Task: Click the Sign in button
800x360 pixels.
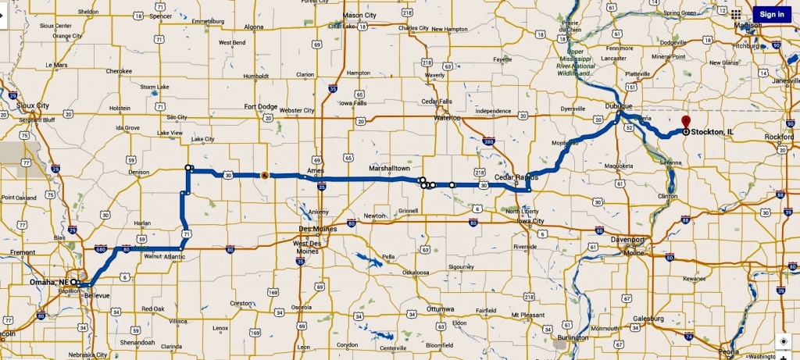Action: point(772,14)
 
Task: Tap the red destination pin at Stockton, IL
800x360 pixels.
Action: point(685,122)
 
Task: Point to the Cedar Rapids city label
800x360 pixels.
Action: point(516,177)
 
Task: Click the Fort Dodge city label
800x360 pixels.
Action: point(260,107)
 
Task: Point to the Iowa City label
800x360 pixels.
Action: point(530,221)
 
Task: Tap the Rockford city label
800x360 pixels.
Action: point(780,137)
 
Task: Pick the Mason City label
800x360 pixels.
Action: point(359,15)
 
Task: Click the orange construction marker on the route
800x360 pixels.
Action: point(265,175)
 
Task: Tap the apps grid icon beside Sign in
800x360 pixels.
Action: point(735,13)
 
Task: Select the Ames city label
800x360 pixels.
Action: point(316,169)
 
